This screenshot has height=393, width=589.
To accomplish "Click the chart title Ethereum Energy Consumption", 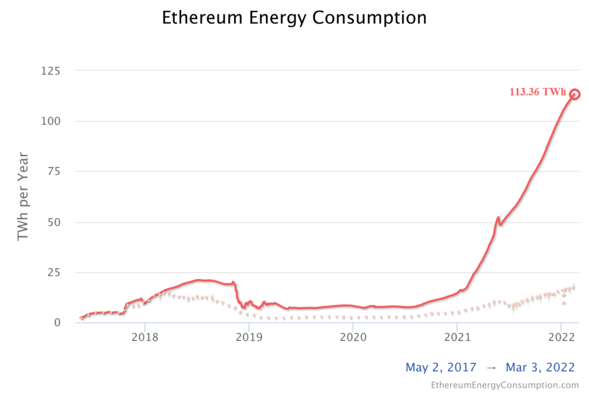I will click(x=294, y=18).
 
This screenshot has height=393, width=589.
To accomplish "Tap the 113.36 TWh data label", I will click(x=537, y=92).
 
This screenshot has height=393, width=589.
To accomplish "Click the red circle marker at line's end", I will click(x=574, y=94).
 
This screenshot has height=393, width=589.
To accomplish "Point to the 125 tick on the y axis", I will click(x=52, y=71).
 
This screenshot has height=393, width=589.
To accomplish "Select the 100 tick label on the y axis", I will click(x=52, y=121).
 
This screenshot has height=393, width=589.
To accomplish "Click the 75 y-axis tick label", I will click(x=55, y=171).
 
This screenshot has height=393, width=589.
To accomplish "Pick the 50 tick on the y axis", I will click(x=55, y=222).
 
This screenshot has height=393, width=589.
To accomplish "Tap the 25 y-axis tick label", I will click(x=55, y=272).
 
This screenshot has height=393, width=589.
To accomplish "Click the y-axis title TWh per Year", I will click(x=23, y=196).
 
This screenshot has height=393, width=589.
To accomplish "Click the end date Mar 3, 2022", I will click(x=540, y=367).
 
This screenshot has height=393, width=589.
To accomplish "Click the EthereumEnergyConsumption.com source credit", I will click(x=504, y=384).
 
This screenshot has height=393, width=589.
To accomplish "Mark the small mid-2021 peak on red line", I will click(x=498, y=218).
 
